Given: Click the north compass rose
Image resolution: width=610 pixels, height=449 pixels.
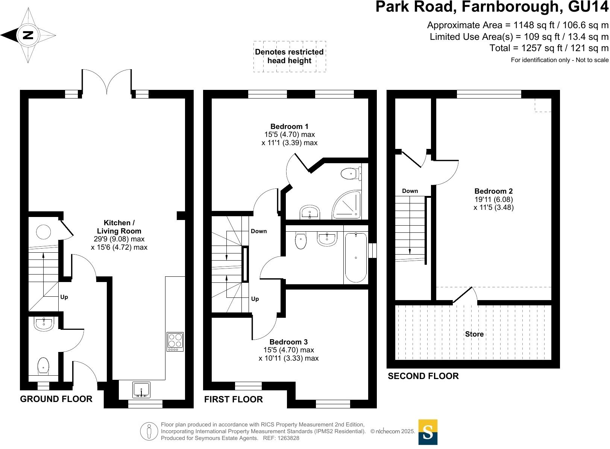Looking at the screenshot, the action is click(28, 36).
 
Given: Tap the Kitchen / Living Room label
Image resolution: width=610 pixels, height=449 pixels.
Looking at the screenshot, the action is click(119, 227).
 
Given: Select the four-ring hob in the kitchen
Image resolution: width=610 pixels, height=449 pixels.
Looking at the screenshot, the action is click(175, 341).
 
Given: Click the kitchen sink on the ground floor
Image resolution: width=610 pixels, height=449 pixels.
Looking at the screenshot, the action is click(141, 390).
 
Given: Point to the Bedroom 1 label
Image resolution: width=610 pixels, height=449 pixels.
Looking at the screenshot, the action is click(289, 127).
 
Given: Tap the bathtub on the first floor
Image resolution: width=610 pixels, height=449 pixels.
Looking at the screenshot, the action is click(355, 258).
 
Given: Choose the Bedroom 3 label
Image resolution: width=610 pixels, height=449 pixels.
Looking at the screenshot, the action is click(288, 342).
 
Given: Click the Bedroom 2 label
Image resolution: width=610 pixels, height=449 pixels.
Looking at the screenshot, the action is click(493, 191).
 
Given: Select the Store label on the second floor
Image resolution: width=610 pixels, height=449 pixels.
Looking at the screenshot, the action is click(474, 334).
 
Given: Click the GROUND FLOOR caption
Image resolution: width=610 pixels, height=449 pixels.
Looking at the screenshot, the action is click(56, 399).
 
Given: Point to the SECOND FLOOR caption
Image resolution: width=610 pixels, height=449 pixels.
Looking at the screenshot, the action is click(423, 376).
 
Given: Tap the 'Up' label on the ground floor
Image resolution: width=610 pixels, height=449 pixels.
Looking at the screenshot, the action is click(64, 297).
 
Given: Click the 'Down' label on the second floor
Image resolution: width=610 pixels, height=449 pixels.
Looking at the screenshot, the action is click(410, 191).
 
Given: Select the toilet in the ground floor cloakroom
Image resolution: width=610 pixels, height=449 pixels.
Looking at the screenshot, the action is click(43, 366).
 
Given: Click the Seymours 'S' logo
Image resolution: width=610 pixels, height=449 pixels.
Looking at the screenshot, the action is click(428, 432).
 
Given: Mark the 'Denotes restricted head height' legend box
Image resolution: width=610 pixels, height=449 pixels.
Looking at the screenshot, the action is click(289, 56).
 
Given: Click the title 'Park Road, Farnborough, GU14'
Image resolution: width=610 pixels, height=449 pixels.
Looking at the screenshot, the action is click(492, 8).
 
